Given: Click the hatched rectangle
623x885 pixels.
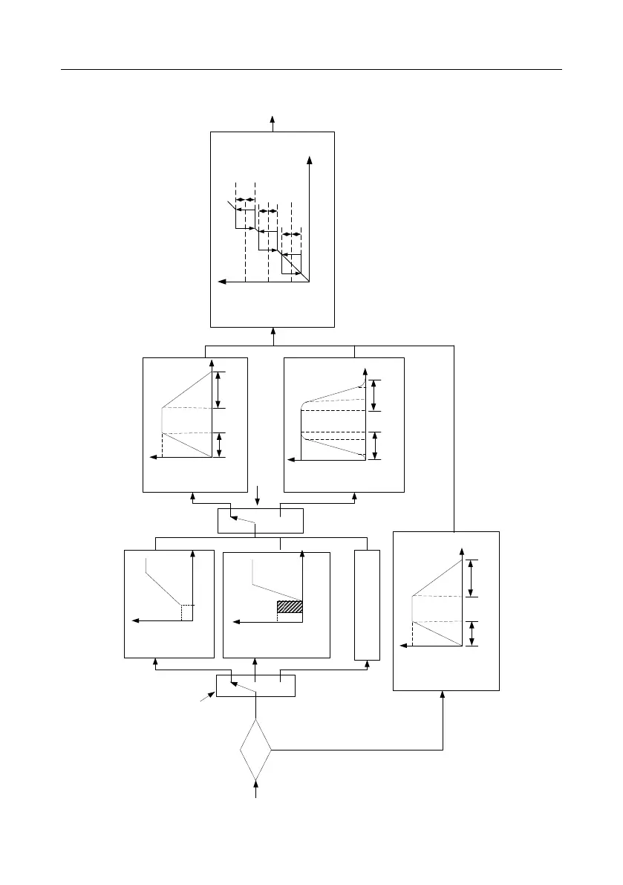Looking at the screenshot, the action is coord(290,607).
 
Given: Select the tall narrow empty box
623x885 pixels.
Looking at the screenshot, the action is coord(367,604).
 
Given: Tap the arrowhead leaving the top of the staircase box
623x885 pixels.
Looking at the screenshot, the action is coord(273,118).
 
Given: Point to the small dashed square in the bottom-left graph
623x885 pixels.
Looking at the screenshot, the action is coord(187,612).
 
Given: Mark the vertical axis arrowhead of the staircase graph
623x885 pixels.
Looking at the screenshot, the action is coord(308,159).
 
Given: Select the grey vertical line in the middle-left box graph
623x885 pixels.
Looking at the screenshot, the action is coord(162,420).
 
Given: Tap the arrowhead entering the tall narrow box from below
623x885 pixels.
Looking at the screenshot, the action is coord(367,664).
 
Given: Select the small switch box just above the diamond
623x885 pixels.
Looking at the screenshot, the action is coord(255,685).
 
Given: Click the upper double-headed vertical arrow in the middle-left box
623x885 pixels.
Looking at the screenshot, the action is coord(218,390).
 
